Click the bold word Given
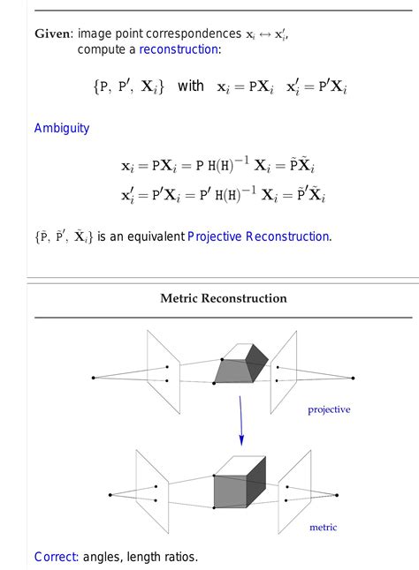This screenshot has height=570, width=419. [x=52, y=34]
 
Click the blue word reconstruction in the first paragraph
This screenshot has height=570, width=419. [x=179, y=49]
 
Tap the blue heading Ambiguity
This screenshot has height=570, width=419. [x=62, y=128]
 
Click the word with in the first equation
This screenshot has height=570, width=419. [x=190, y=86]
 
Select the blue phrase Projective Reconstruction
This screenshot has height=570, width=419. [x=259, y=236]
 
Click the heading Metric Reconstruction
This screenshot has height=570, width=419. [x=224, y=298]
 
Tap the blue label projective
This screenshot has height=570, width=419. [x=329, y=409]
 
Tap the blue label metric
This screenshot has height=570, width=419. [x=323, y=528]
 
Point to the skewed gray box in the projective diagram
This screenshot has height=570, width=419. [x=240, y=364]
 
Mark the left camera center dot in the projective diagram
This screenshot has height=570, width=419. [x=93, y=378]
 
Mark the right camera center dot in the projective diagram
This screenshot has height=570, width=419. [x=353, y=379]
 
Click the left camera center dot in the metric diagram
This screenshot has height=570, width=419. [x=110, y=494]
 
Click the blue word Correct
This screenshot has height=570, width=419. [x=56, y=557]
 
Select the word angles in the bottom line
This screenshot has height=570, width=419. [x=104, y=557]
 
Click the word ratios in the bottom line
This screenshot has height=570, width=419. [x=179, y=557]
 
